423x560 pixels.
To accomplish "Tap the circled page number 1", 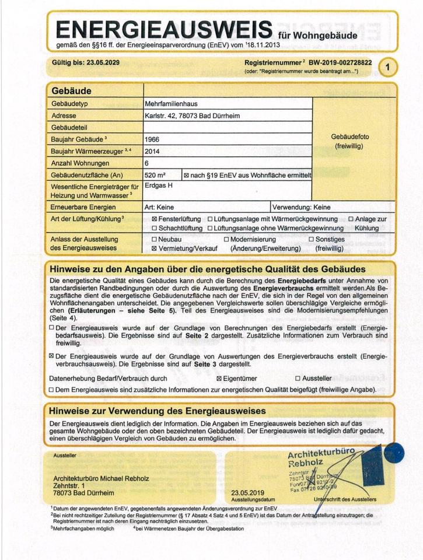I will click(389, 67).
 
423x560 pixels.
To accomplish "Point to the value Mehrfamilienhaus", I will click(171, 104).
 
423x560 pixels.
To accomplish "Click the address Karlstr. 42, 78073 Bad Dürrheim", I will click(192, 116).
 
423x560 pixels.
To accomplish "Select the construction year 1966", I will click(152, 140).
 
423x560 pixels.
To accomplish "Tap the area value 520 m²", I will click(155, 174).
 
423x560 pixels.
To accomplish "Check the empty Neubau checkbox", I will click(154, 240).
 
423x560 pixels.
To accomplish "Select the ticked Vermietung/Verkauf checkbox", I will click(154, 249).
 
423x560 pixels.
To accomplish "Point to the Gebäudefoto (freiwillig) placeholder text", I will click(349, 141).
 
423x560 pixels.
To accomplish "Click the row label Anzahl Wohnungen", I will click(76, 163).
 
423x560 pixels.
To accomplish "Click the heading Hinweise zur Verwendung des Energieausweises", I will click(158, 411).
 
